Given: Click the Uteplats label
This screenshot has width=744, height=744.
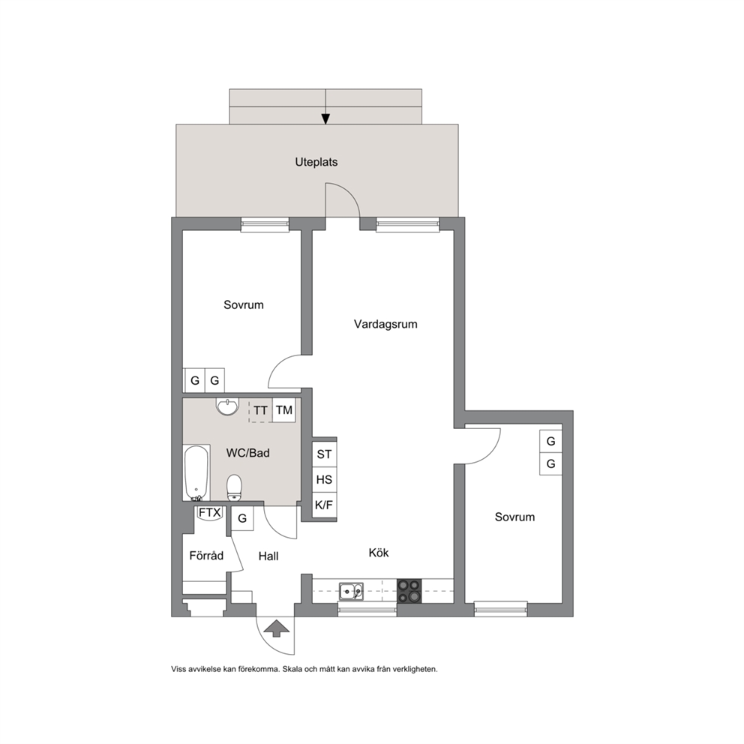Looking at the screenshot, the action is (316, 162).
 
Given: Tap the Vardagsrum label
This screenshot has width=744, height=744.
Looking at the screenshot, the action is (385, 325).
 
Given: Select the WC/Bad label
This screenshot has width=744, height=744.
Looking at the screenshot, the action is (247, 453).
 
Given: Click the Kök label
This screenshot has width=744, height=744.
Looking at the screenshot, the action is (379, 552).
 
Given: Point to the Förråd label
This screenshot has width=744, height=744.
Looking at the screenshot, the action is (206, 555).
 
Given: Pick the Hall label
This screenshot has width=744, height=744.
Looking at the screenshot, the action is (268, 556).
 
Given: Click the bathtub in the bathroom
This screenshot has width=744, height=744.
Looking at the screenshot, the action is (196, 472).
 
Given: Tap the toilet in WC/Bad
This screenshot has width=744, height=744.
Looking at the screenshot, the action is (235, 487).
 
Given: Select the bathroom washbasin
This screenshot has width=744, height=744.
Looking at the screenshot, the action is (227, 406).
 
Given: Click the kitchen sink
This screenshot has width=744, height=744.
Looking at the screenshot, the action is (351, 591).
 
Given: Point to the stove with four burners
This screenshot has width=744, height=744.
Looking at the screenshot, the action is (409, 591).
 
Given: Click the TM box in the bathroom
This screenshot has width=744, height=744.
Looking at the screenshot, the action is (283, 410).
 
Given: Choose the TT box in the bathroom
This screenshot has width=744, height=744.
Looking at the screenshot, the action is (260, 410).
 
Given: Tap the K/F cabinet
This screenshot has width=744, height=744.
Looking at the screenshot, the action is (324, 505).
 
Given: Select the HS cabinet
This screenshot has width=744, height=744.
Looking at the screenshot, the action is (324, 480).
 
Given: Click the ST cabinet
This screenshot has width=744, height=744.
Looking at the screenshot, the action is (324, 454).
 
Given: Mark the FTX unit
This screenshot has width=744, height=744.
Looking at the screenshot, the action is (209, 514).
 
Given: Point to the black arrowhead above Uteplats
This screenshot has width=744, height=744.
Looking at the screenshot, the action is (325, 118).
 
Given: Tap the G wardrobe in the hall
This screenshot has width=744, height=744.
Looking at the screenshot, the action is (242, 518).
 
